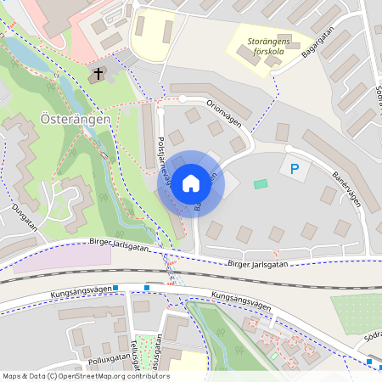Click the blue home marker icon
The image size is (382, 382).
(x=191, y=183)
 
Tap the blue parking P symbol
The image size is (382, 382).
(x=295, y=170)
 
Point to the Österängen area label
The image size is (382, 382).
(x=76, y=121)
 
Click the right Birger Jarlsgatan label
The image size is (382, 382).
(x=258, y=264)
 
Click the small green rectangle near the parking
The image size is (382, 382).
(x=261, y=184)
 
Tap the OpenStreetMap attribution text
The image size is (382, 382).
(x=85, y=376)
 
